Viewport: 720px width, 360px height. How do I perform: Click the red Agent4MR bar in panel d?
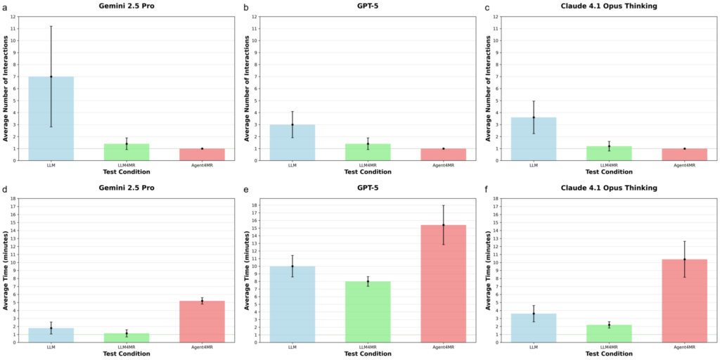tap(202, 321)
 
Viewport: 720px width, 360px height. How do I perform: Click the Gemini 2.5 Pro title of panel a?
tap(127, 6)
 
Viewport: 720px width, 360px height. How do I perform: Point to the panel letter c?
tap(487, 7)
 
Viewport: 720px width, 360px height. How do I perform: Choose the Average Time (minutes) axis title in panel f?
tap(489, 270)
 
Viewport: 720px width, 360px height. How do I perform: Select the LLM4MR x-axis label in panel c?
tap(609, 165)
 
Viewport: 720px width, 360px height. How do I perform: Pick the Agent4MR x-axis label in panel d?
tap(202, 347)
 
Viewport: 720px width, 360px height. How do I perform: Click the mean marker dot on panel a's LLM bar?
tap(51, 77)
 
